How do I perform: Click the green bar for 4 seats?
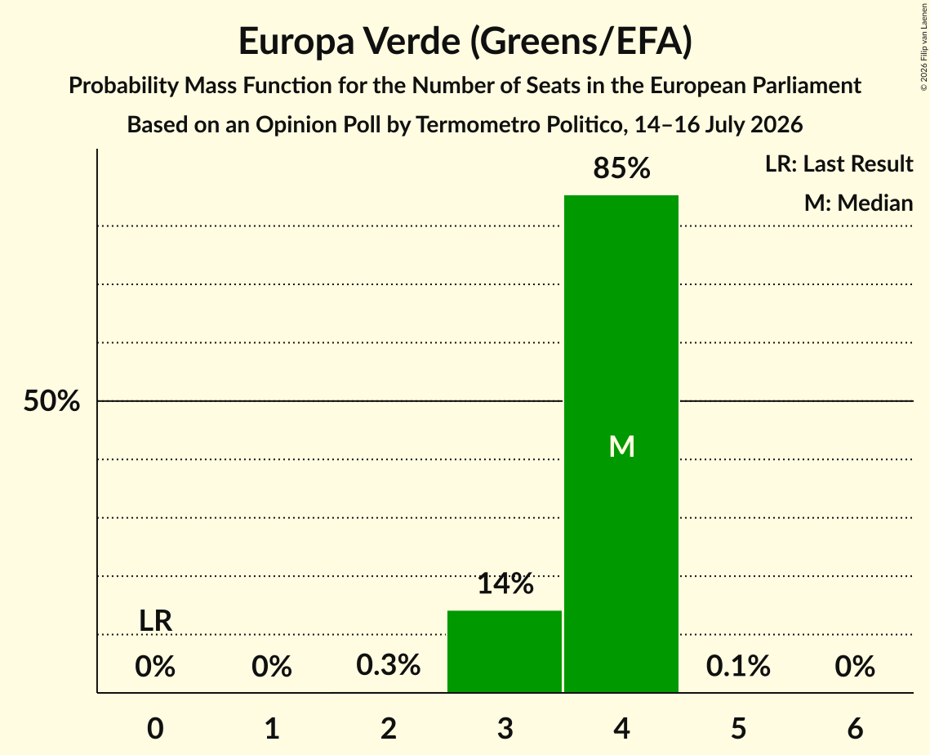pyautogui.click(x=621, y=444)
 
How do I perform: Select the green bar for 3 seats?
pyautogui.click(x=504, y=651)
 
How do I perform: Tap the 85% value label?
pyautogui.click(x=621, y=168)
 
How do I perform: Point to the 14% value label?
pyautogui.click(x=505, y=583)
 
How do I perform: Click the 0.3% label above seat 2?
pyautogui.click(x=389, y=665)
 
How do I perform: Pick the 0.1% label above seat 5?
pyautogui.click(x=738, y=665)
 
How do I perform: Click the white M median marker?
pyautogui.click(x=621, y=446)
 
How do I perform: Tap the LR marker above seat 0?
pyautogui.click(x=155, y=621)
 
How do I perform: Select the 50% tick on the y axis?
pyautogui.click(x=51, y=401)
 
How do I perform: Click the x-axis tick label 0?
pyautogui.click(x=155, y=728)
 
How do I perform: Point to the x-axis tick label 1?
pyautogui.click(x=272, y=728)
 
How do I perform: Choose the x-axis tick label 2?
pyautogui.click(x=389, y=728)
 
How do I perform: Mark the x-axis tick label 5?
pyautogui.click(x=738, y=728)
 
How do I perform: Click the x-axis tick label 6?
pyautogui.click(x=855, y=728)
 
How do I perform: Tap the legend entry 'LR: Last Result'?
pyautogui.click(x=839, y=163)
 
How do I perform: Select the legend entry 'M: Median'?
pyautogui.click(x=858, y=203)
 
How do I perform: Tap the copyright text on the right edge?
pyautogui.click(x=923, y=47)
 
